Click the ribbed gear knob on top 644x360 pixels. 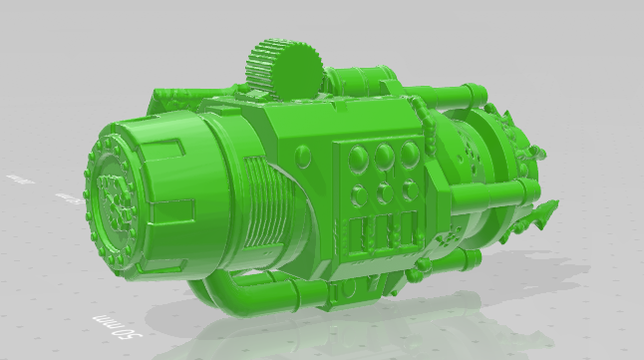pyautogui.click(x=281, y=68)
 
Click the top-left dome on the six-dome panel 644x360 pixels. pyautogui.click(x=357, y=156)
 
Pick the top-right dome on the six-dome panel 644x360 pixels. pyautogui.click(x=409, y=154)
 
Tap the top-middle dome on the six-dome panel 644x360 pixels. pyautogui.click(x=384, y=155)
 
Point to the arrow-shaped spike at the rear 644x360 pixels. pyautogui.click(x=544, y=212)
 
